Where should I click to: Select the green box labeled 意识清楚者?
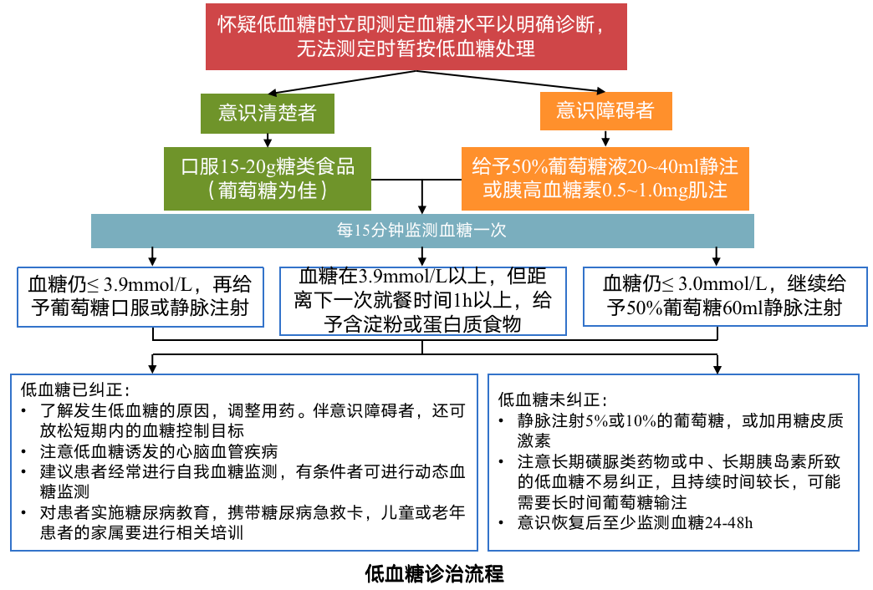click(x=267, y=113)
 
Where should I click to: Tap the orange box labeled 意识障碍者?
click(x=605, y=110)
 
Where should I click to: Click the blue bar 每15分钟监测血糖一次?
click(x=422, y=231)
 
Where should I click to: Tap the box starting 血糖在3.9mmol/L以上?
click(x=422, y=300)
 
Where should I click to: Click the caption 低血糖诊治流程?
click(x=435, y=574)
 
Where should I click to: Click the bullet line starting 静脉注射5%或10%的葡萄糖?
click(x=681, y=421)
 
